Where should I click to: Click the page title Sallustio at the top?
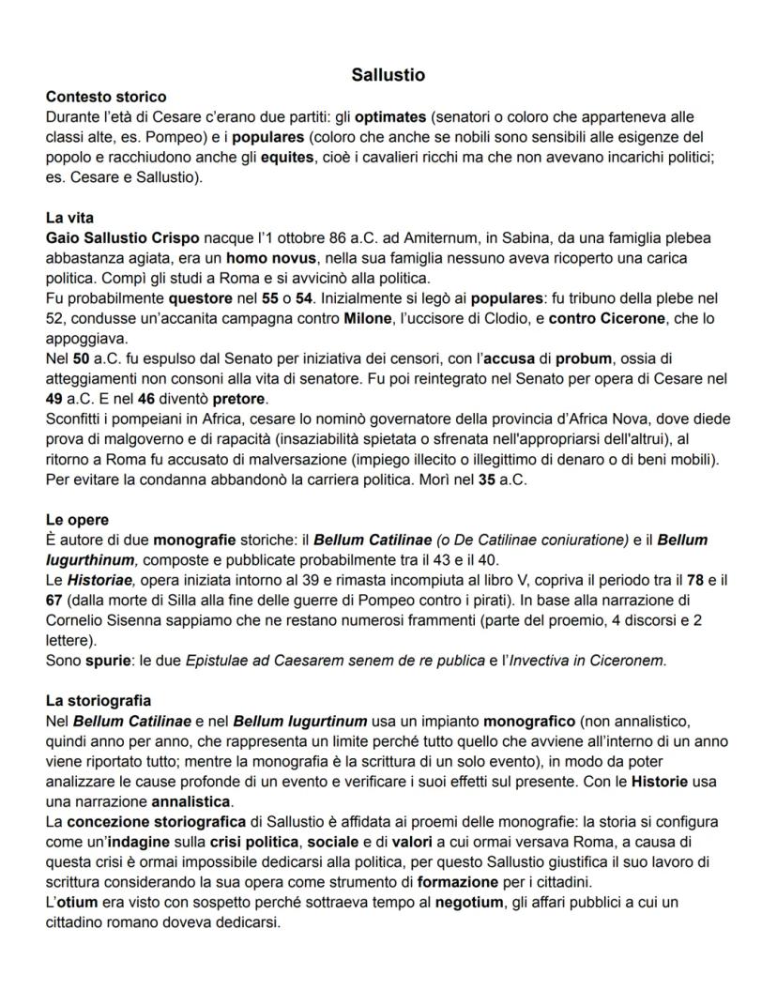(x=388, y=73)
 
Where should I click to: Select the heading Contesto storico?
(x=106, y=96)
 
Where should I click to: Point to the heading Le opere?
(x=77, y=519)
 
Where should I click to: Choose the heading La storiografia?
(x=98, y=700)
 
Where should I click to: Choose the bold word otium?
(x=72, y=902)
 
